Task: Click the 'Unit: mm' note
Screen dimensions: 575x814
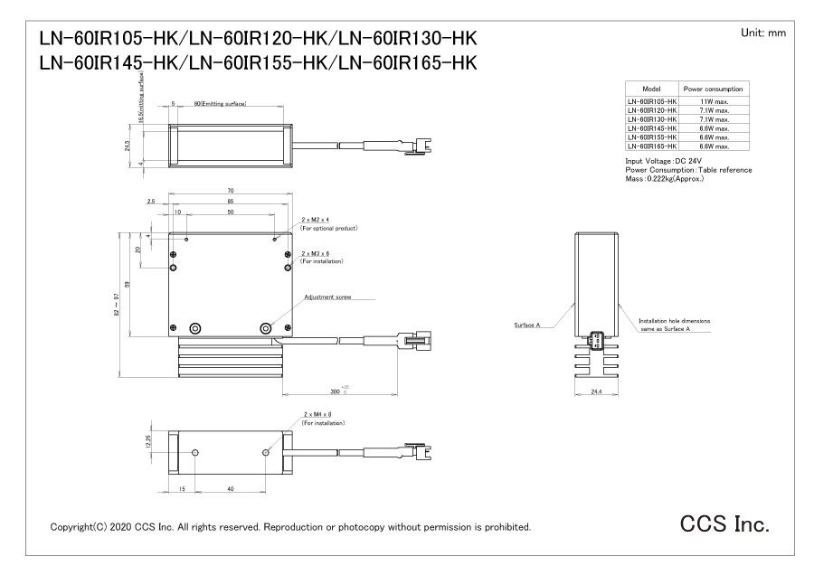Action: pyautogui.click(x=763, y=33)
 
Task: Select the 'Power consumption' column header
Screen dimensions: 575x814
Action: pyautogui.click(x=712, y=90)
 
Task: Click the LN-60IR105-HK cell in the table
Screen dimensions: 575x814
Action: pyautogui.click(x=651, y=103)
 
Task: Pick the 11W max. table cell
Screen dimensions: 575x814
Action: pyautogui.click(x=712, y=103)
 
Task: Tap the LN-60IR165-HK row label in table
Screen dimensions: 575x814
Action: pyautogui.click(x=651, y=146)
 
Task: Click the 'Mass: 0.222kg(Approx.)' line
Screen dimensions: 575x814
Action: pyautogui.click(x=665, y=178)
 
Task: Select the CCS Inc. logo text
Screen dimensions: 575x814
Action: pyautogui.click(x=725, y=525)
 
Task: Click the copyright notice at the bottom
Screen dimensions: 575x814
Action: pyautogui.click(x=290, y=526)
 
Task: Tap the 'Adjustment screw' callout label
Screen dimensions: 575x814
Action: pyautogui.click(x=327, y=297)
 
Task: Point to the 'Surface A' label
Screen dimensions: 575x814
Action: pyautogui.click(x=525, y=325)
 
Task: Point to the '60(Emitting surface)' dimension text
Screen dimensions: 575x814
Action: pyautogui.click(x=220, y=105)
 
